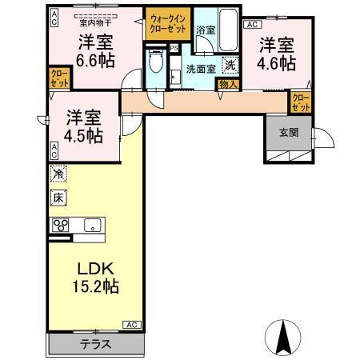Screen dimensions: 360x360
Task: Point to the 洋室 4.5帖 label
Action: pyautogui.click(x=84, y=125)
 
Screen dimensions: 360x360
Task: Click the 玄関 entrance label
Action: pyautogui.click(x=289, y=133)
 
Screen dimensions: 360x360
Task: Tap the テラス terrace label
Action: pyautogui.click(x=95, y=345)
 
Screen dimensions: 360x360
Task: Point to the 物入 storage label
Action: pyautogui.click(x=227, y=83)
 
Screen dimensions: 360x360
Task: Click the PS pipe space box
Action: pyautogui.click(x=174, y=48)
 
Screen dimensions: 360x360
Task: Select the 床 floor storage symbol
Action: pyautogui.click(x=58, y=196)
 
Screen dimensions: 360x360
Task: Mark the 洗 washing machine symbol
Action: pyautogui.click(x=230, y=66)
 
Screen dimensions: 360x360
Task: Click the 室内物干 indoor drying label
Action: pyautogui.click(x=94, y=22)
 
